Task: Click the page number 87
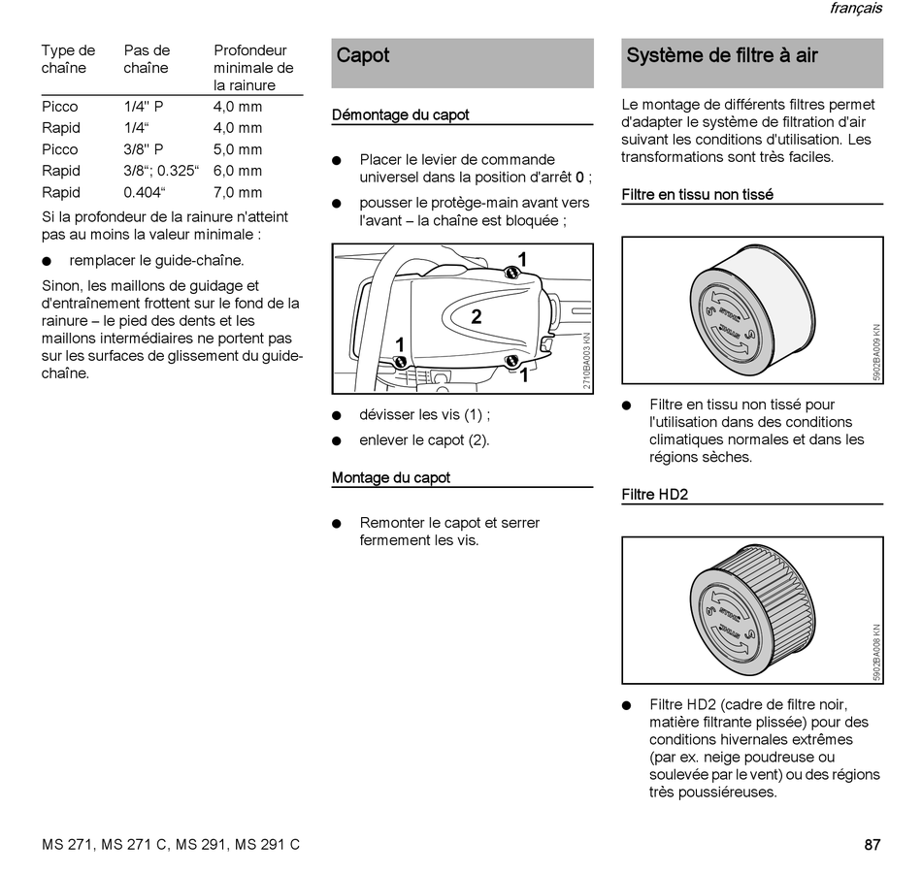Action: tap(873, 845)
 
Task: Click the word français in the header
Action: tap(855, 9)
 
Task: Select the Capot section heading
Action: tap(363, 55)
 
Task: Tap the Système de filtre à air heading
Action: tap(722, 55)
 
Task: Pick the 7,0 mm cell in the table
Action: tap(238, 192)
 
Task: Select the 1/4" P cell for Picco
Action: tap(144, 107)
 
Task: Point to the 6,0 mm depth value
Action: tap(238, 171)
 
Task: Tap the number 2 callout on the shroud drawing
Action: tap(477, 316)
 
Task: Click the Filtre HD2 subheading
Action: tap(655, 495)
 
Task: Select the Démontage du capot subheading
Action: tap(400, 115)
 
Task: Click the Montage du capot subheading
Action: tap(391, 478)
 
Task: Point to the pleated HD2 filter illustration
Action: tap(747, 608)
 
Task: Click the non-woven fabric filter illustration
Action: tap(747, 309)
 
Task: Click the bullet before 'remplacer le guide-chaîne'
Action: tap(48, 261)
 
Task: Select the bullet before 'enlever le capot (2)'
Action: tap(337, 440)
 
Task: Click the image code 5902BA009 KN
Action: tap(876, 351)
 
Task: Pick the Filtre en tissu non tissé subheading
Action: tap(697, 195)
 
